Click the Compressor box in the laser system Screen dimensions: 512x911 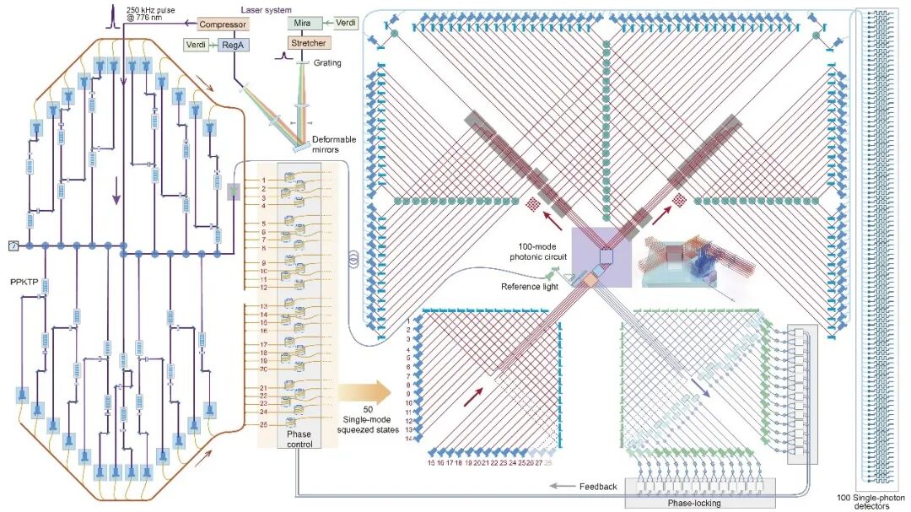click(x=223, y=25)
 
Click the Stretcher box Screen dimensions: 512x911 click(x=307, y=42)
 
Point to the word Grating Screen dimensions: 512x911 click(x=327, y=62)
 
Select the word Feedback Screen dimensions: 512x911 click(x=598, y=487)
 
